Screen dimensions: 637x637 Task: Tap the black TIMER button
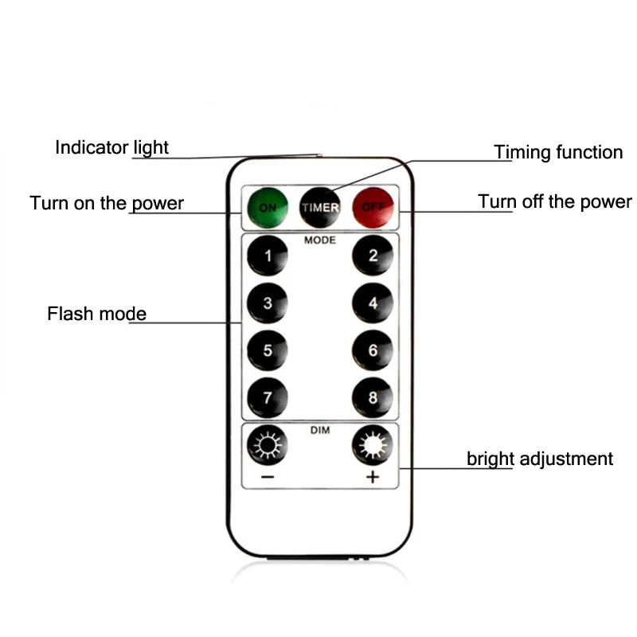click(x=320, y=207)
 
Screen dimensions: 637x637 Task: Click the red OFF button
click(x=373, y=207)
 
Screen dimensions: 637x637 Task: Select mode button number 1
click(x=268, y=256)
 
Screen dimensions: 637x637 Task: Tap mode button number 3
click(x=268, y=303)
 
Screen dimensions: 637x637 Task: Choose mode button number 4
click(x=373, y=303)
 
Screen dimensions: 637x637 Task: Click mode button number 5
click(x=268, y=350)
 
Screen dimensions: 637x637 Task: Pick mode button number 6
click(x=373, y=350)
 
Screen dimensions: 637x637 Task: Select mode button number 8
click(x=373, y=397)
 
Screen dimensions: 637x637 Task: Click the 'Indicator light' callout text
click(x=111, y=147)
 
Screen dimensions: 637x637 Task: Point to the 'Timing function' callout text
click(x=558, y=152)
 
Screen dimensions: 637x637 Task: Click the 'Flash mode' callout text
click(x=96, y=313)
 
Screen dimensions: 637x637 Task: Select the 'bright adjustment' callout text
click(x=540, y=459)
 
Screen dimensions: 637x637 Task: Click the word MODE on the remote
click(x=320, y=240)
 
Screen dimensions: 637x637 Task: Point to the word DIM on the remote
click(x=320, y=430)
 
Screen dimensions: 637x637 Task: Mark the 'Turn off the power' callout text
click(x=554, y=201)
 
